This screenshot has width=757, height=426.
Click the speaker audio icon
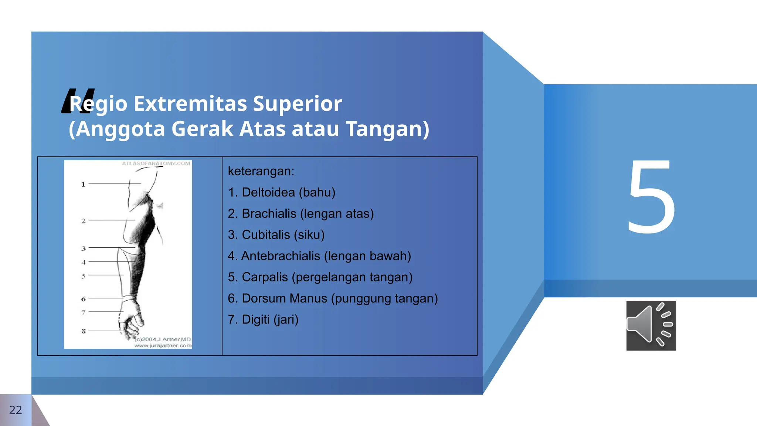651,325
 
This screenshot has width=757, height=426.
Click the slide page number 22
15,410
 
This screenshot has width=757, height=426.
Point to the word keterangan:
261,171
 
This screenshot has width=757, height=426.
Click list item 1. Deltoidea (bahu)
282,192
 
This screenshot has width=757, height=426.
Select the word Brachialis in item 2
269,214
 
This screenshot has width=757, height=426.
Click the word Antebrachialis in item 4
281,256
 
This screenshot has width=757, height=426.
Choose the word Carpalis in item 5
265,277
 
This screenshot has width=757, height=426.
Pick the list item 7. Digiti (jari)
263,319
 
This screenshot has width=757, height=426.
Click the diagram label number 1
83,184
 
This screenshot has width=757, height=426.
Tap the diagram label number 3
84,248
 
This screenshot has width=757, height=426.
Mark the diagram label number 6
84,299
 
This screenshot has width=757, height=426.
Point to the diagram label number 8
84,331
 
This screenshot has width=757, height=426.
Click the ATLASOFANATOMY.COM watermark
156,163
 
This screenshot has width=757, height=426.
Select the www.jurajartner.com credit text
163,345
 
